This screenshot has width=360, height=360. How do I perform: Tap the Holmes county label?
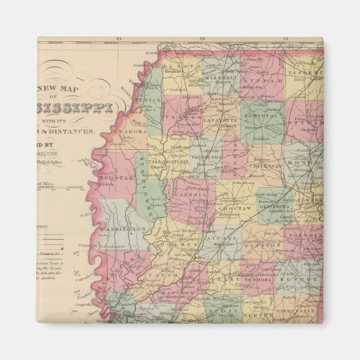(x=185, y=245)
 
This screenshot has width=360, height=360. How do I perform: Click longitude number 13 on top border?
(x=202, y=39)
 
